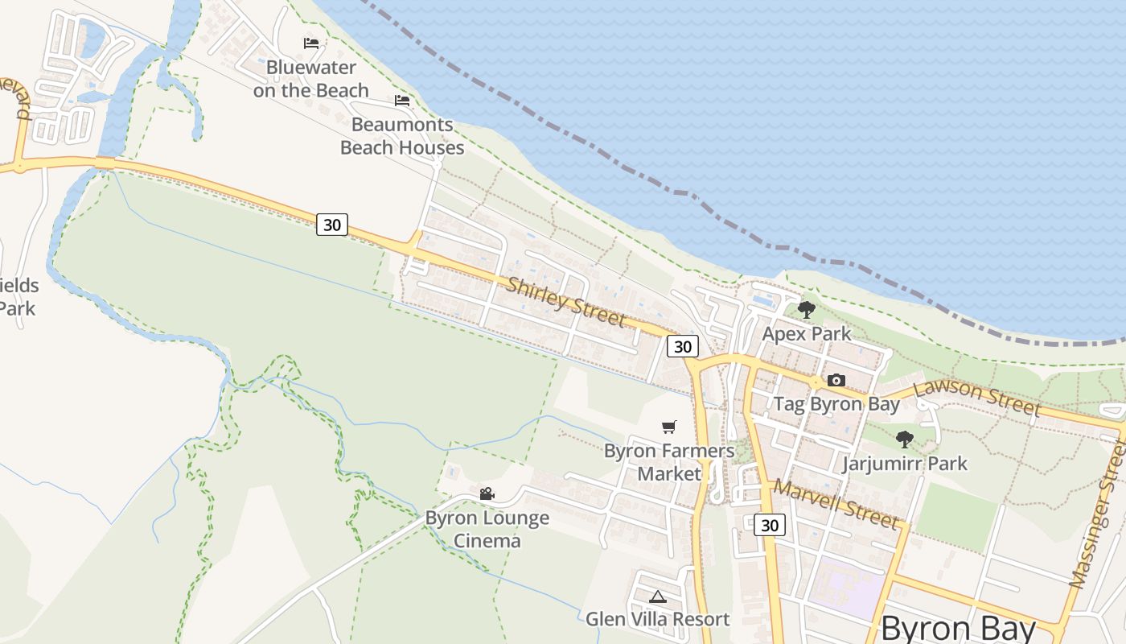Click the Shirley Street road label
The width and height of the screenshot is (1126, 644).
(565, 302)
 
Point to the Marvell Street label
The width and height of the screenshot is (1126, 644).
(836, 505)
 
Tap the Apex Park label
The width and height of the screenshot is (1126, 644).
(806, 333)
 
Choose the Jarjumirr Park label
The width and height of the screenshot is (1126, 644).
(904, 464)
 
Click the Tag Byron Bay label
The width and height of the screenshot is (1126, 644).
(836, 404)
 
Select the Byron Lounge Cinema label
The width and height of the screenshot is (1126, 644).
(487, 529)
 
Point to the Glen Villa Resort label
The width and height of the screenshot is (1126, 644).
(657, 619)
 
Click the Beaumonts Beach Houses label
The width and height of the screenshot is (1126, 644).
(402, 136)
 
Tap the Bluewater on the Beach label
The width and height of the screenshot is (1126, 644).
(310, 79)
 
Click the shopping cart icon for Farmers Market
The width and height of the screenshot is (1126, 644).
(668, 427)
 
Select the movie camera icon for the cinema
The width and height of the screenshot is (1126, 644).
(487, 493)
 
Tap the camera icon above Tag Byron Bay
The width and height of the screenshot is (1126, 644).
(836, 381)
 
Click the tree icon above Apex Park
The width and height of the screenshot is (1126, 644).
(806, 309)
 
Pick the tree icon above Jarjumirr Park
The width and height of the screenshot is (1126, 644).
(904, 440)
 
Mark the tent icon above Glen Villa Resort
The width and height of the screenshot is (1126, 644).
(657, 597)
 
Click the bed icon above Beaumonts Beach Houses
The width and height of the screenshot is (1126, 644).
(402, 101)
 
